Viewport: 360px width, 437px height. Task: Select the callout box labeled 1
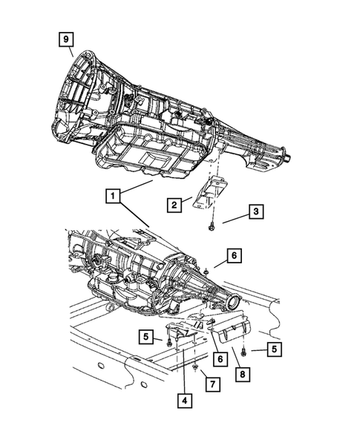pyautogui.click(x=112, y=196)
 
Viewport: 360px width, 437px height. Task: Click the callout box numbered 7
pyautogui.click(x=212, y=384)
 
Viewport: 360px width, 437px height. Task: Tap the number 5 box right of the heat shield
pyautogui.click(x=274, y=349)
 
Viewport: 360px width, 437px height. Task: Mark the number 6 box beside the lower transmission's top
pyautogui.click(x=233, y=256)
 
